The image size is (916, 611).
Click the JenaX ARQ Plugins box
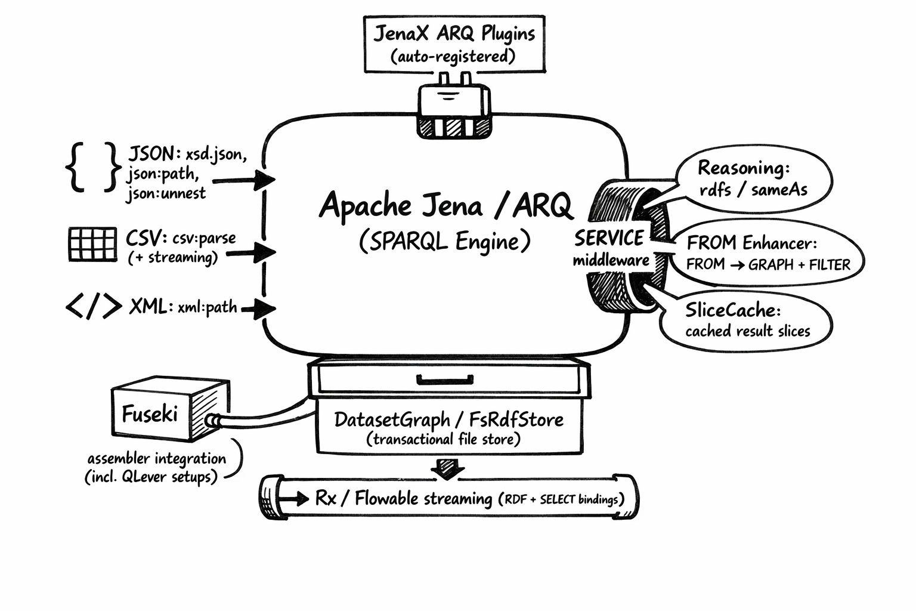click(454, 44)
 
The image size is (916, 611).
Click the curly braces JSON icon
click(93, 167)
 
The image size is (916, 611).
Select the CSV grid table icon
click(92, 244)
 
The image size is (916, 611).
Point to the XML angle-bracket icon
click(93, 307)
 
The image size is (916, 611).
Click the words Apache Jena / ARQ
click(445, 206)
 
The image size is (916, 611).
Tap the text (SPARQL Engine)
click(445, 242)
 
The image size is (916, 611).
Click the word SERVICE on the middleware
click(609, 239)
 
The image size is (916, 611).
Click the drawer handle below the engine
click(445, 379)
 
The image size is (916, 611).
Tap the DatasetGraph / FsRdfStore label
click(448, 419)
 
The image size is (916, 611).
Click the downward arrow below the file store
click(447, 468)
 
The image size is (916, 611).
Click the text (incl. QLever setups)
click(151, 477)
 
